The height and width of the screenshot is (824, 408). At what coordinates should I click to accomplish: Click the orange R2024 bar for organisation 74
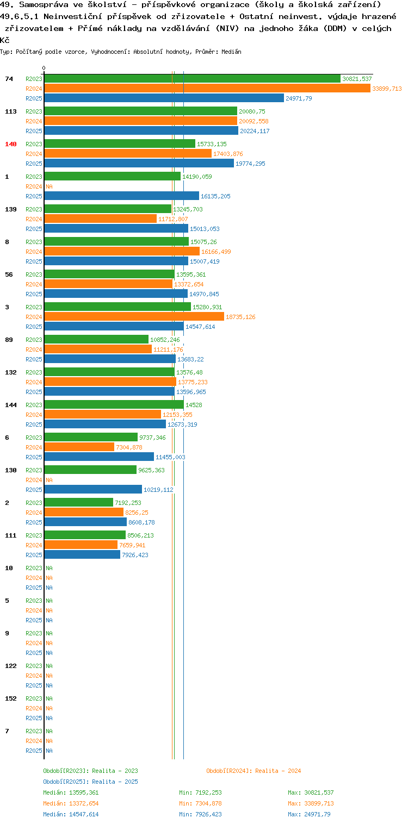point(207,88)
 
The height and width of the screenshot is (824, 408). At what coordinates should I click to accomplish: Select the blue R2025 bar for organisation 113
point(141,130)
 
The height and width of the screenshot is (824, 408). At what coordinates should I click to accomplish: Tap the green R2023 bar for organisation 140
point(120,143)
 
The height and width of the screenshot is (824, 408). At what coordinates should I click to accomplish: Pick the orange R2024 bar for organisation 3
point(134,316)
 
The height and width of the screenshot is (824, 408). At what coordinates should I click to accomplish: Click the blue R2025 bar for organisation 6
point(99,457)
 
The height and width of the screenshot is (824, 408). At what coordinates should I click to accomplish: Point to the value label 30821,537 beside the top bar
point(357,79)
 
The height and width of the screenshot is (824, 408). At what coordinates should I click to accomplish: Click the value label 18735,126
point(240,317)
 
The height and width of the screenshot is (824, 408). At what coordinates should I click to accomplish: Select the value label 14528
point(194,404)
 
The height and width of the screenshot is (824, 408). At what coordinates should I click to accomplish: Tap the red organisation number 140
point(11,144)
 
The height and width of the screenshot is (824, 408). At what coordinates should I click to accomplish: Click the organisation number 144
point(11,404)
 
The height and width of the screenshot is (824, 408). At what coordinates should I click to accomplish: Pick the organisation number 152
point(11,698)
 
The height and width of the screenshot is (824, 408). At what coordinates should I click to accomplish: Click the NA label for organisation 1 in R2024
point(49,186)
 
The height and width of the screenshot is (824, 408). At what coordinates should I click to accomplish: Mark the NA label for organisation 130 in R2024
point(49,480)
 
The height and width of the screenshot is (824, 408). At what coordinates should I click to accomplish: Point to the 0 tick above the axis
point(44,68)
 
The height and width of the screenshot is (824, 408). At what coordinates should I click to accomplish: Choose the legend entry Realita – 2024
point(254,771)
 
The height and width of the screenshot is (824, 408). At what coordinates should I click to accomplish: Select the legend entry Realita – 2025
point(91,781)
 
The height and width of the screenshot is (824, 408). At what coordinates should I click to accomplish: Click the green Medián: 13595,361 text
point(71,792)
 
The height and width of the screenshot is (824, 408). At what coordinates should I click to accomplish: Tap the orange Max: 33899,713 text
point(311,803)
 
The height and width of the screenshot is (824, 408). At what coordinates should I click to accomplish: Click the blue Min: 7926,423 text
point(200,814)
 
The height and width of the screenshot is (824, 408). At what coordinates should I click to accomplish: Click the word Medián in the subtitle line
point(231,52)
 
